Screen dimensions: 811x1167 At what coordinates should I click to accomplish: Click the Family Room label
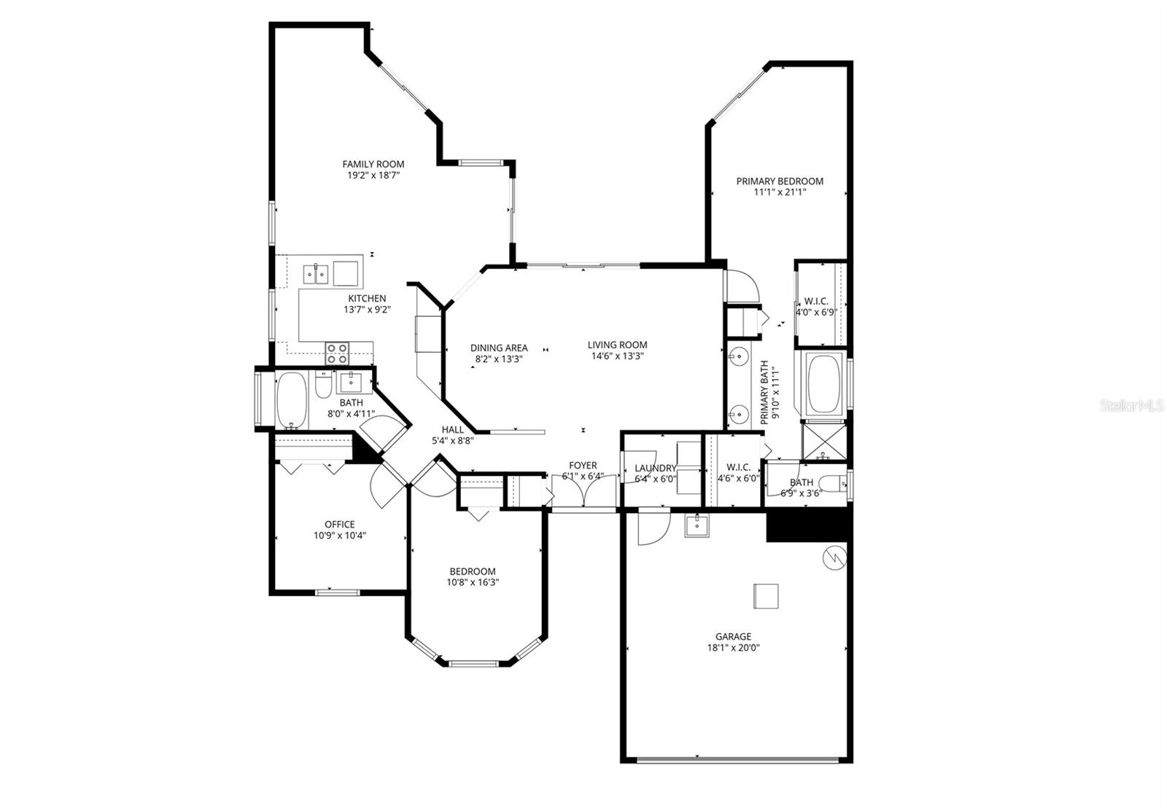(373, 164)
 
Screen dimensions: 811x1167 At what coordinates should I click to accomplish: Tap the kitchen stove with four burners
(336, 353)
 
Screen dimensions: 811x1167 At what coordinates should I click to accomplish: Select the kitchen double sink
(316, 274)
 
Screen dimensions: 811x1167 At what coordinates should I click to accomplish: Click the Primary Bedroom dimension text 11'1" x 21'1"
(779, 193)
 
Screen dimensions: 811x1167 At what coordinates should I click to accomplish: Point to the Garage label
(732, 636)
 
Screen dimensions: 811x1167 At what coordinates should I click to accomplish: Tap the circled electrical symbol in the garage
(833, 558)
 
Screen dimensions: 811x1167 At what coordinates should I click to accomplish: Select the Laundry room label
(655, 469)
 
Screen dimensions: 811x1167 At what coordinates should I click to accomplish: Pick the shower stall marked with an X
(824, 442)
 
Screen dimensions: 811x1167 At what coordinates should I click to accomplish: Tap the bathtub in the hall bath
(293, 401)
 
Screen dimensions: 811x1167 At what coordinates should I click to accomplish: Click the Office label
(339, 524)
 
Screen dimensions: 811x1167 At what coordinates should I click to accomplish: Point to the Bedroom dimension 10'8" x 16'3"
(472, 582)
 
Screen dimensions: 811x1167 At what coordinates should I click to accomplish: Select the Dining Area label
(498, 348)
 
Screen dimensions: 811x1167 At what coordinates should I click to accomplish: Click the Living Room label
(617, 345)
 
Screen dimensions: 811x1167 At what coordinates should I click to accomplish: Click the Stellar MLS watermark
(1131, 405)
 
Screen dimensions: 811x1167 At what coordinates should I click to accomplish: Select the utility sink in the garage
(697, 525)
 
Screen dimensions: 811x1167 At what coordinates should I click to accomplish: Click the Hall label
(452, 430)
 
